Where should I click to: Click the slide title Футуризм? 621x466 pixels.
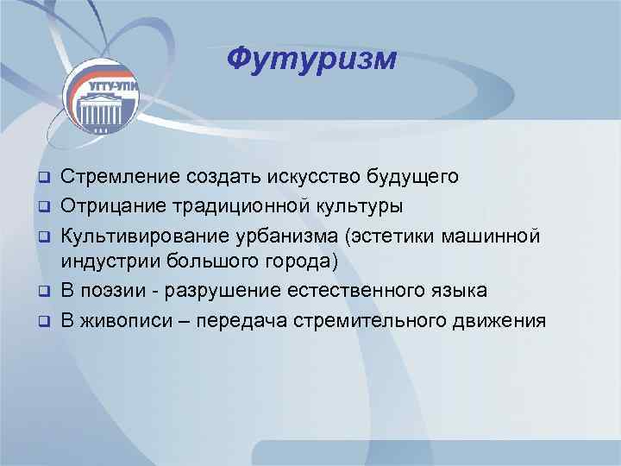point(311,59)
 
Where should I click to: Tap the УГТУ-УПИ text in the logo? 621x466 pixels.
point(101,86)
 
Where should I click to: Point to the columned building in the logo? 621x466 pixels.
point(101,110)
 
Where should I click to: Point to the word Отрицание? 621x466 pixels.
point(112,205)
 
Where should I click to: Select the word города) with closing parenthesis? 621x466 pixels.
point(306,262)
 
